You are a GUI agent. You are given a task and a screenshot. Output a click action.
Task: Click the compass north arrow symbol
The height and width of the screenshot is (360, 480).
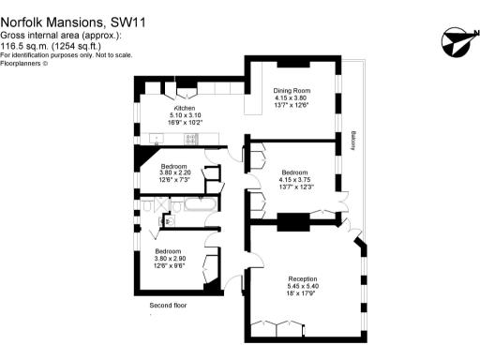click(453, 41)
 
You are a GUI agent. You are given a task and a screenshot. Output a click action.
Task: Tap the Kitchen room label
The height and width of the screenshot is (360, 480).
click(184, 109)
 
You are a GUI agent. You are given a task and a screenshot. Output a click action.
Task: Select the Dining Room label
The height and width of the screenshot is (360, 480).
click(292, 91)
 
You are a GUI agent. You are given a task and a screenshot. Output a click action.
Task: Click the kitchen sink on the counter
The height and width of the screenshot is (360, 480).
click(157, 139)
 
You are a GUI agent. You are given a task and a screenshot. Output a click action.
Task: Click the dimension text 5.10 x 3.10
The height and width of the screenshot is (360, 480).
click(184, 115)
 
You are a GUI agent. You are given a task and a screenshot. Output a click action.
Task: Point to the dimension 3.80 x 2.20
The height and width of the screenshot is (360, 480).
click(174, 172)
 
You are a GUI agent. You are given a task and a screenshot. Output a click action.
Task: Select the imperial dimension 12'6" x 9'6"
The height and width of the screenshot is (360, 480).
click(169, 264)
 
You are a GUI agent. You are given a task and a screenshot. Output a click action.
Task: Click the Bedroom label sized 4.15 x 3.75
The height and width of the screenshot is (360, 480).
click(294, 172)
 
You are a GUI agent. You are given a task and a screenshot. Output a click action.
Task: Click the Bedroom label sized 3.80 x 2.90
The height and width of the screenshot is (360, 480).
click(169, 251)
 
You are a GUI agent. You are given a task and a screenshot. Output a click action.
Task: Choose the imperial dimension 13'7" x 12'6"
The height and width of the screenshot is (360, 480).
click(292, 104)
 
